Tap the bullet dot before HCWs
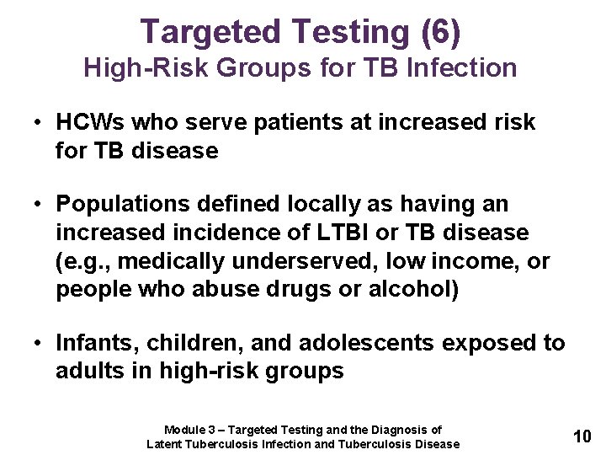[x=40, y=122]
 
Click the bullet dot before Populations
[x=40, y=205]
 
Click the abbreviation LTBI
[x=368, y=232]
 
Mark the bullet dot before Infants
[x=40, y=343]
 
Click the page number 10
[x=582, y=436]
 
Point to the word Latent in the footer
[x=165, y=444]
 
